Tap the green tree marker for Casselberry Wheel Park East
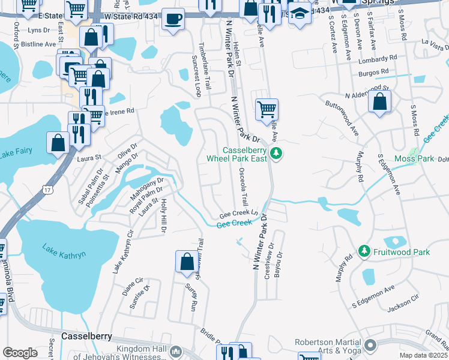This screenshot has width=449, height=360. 276,154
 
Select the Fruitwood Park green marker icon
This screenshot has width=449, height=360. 363,252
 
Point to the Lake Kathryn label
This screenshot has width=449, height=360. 64,250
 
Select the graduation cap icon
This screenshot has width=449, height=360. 299,14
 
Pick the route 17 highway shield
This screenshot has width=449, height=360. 47,190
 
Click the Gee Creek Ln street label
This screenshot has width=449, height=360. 238,214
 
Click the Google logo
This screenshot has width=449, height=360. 20,352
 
